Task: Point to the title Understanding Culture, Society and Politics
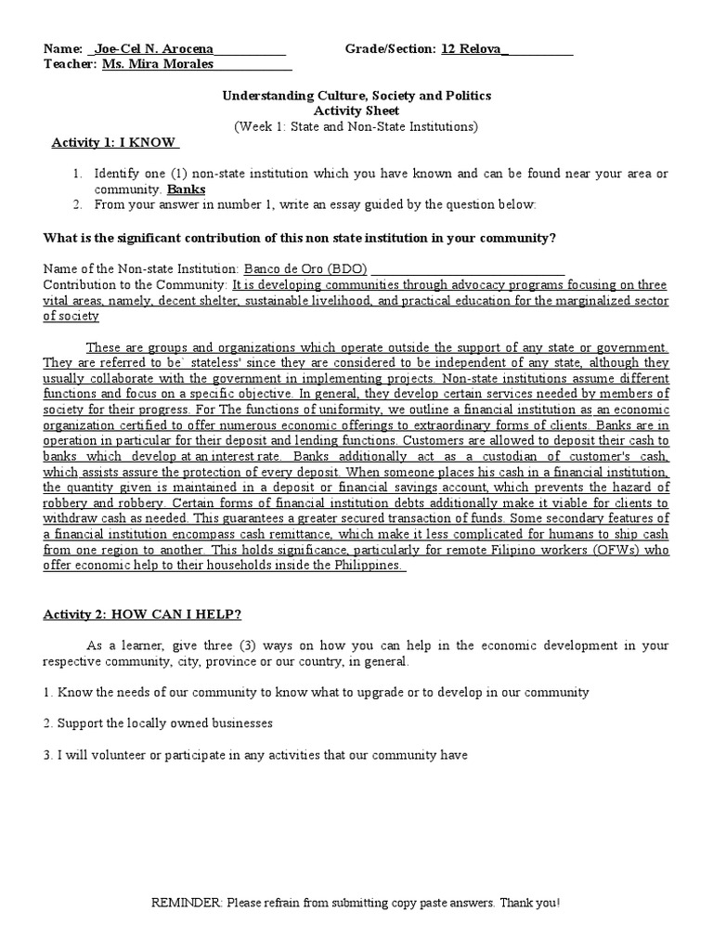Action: (x=356, y=96)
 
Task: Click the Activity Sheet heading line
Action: (x=356, y=111)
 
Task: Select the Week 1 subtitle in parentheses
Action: (x=356, y=125)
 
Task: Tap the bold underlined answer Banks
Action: (x=186, y=189)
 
